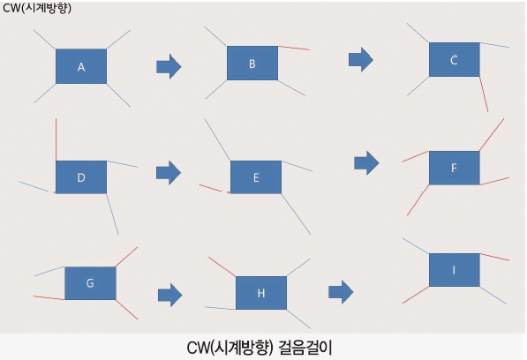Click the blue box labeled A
pyautogui.click(x=81, y=66)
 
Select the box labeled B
pyautogui.click(x=252, y=64)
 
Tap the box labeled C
pyautogui.click(x=455, y=59)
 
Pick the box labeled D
pyautogui.click(x=81, y=177)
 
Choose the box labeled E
pyautogui.click(x=256, y=177)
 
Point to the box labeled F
pyautogui.click(x=455, y=168)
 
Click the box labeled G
pyautogui.click(x=90, y=283)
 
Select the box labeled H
pyautogui.click(x=261, y=293)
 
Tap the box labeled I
pyautogui.click(x=455, y=270)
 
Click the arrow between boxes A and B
pyautogui.click(x=169, y=66)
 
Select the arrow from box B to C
pyautogui.click(x=361, y=59)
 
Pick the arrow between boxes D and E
pyautogui.click(x=169, y=173)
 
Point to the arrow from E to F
pyautogui.click(x=366, y=163)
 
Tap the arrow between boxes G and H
pyautogui.click(x=170, y=296)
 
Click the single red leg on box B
pyautogui.click(x=294, y=48)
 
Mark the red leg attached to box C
pyautogui.click(x=484, y=94)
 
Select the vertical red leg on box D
pyautogui.click(x=56, y=139)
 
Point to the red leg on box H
pyautogui.click(x=222, y=266)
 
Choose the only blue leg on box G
pyautogui.click(x=49, y=271)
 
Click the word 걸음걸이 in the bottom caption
pyautogui.click(x=305, y=348)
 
